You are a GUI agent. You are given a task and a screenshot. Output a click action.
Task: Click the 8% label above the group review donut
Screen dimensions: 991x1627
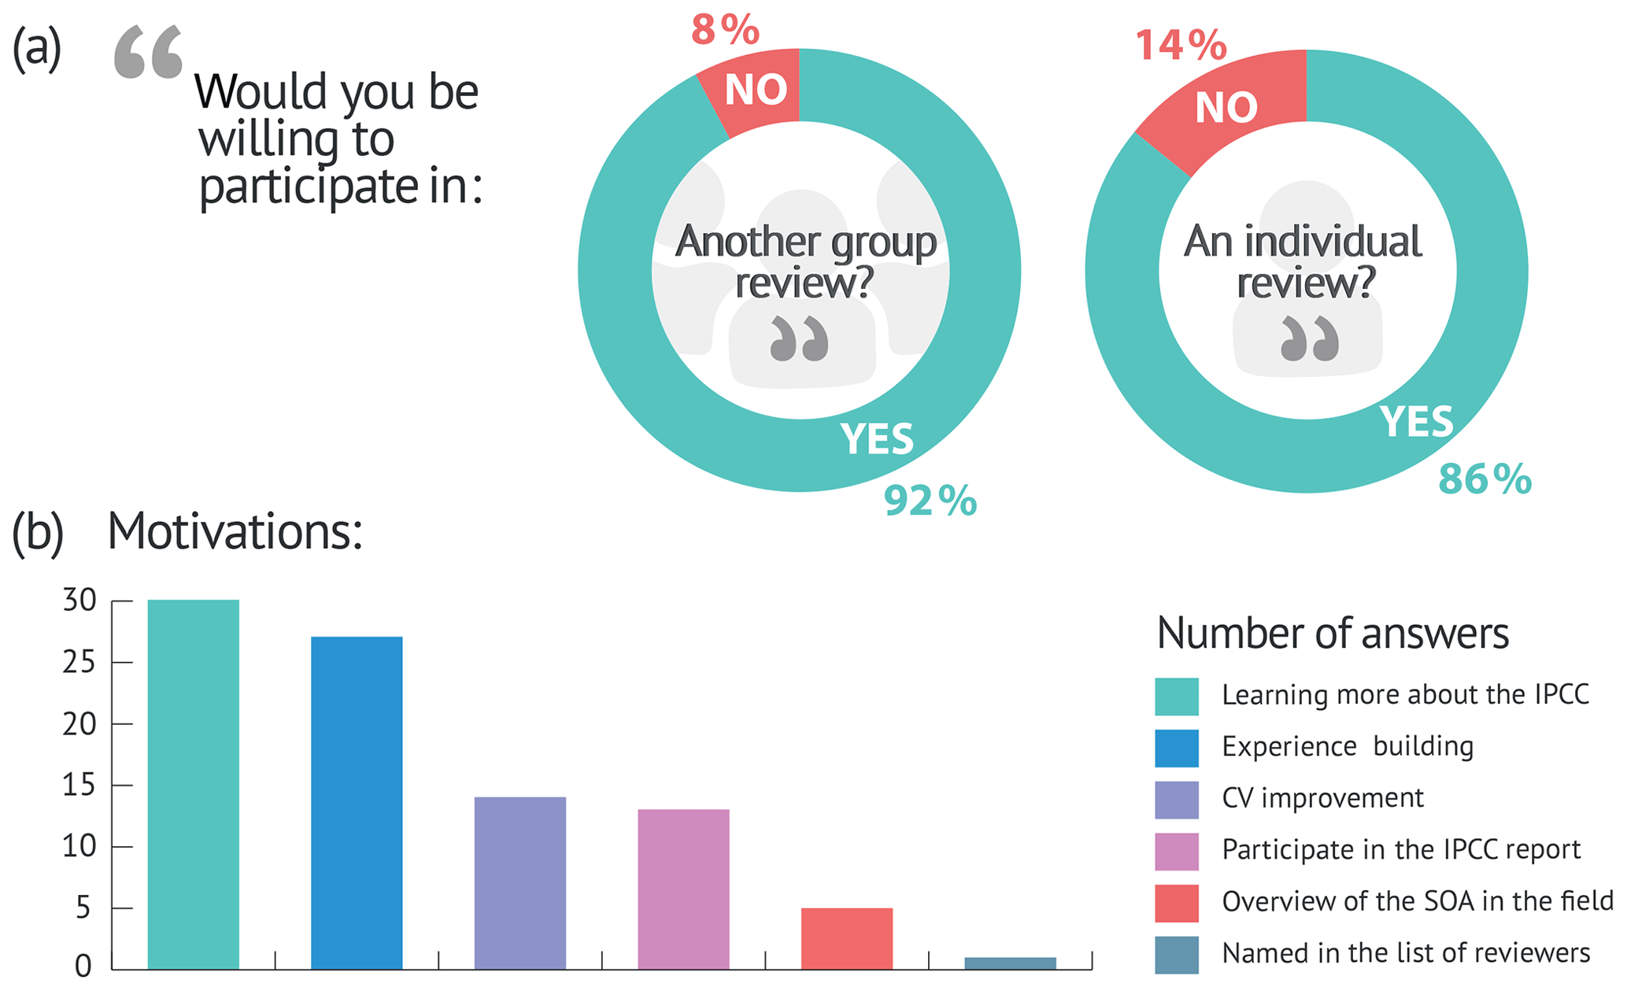pos(725,30)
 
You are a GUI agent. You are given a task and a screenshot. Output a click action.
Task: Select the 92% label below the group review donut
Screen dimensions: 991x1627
pos(930,501)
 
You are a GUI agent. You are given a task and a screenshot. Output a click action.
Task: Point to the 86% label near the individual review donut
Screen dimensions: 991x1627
pos(1485,479)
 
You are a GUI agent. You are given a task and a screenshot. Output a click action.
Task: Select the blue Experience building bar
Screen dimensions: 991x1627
pos(357,802)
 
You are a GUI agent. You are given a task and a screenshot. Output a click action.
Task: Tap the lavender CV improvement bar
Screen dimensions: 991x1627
pos(520,882)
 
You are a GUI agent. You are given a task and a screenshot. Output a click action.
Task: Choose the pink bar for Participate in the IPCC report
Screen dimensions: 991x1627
pos(683,889)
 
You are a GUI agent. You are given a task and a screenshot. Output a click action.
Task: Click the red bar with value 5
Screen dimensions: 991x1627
pos(846,938)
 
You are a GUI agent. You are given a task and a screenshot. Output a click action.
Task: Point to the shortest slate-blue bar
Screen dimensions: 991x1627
pos(1010,963)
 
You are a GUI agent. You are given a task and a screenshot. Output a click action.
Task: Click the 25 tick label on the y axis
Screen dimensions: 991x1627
pos(79,662)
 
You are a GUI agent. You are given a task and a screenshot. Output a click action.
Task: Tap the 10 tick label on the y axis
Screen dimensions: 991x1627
pos(79,847)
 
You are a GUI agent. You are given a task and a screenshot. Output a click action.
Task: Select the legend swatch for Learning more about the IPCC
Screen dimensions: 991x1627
pos(1176,696)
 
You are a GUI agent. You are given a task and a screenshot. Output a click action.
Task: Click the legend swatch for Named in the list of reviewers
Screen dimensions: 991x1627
pos(1176,954)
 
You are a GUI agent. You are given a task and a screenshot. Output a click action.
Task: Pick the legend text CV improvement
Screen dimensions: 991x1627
pos(1322,798)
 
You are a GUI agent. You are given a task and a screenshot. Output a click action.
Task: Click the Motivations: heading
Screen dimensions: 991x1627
pos(235,531)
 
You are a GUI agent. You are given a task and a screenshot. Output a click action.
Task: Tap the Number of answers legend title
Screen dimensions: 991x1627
pos(1332,633)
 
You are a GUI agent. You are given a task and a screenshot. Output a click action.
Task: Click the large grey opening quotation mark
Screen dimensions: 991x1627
pos(148,52)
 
